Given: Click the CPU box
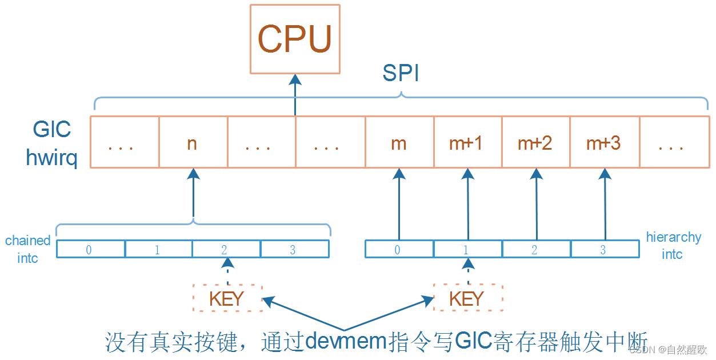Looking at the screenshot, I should click(295, 39).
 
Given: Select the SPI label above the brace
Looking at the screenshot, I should click(401, 73).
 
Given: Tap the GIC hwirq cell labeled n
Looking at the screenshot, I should click(193, 142).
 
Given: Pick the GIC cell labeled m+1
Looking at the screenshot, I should click(467, 142).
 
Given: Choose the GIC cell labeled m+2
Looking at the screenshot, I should click(535, 142).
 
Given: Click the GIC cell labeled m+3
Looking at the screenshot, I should click(604, 142).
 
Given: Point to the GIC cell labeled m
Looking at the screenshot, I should click(399, 142).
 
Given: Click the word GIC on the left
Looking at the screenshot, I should click(52, 130).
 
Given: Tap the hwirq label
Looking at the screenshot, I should click(51, 156).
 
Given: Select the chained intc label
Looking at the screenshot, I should click(27, 249).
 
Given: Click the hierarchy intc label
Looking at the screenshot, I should click(673, 246).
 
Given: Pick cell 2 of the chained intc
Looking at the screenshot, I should click(226, 249).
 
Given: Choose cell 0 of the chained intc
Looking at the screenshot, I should click(90, 249).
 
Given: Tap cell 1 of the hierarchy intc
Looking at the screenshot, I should click(467, 249).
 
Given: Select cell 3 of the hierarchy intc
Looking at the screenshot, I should click(603, 249).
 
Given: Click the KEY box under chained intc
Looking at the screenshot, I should click(227, 298).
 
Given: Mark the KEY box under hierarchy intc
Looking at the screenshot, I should click(467, 298).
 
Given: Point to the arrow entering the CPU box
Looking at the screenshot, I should click(295, 94).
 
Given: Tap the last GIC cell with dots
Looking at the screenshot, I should click(673, 142).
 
